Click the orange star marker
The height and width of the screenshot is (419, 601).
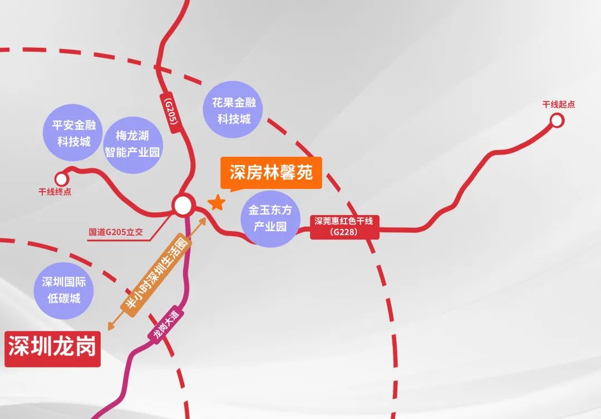[x=216, y=203]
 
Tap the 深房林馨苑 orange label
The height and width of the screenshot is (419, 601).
[x=271, y=173]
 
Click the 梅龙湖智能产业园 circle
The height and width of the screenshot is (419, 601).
[x=132, y=144]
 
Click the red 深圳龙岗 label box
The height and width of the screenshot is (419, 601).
[x=52, y=348]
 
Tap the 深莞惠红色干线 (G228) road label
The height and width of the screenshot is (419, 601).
[x=343, y=226]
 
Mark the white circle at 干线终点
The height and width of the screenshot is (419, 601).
[x=61, y=178]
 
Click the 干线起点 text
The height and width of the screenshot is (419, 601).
[x=558, y=104]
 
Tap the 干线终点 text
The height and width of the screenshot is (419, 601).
[x=55, y=192]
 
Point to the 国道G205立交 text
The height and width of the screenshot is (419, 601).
[x=116, y=232]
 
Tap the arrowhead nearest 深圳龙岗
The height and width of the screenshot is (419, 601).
[x=111, y=327]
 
